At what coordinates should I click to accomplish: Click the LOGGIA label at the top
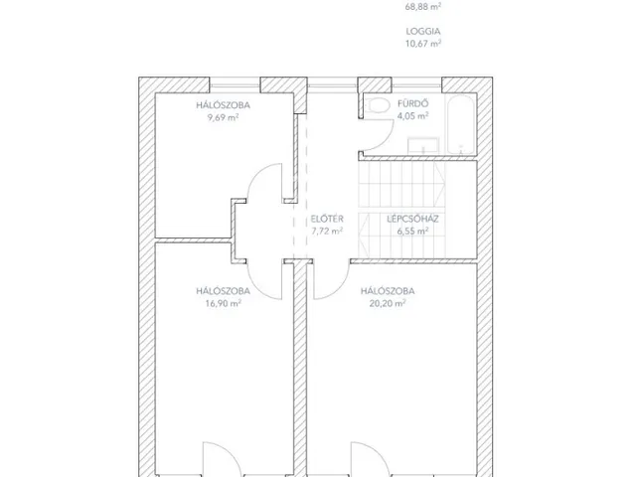click(423, 31)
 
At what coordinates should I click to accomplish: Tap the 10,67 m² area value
click(423, 44)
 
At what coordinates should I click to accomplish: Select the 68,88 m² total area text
click(423, 7)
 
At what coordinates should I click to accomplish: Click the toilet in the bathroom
click(378, 105)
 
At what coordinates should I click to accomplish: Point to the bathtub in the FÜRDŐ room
click(461, 123)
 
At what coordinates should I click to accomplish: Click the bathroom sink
click(423, 145)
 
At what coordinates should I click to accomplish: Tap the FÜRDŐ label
click(413, 103)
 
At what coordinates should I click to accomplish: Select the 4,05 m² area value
click(413, 116)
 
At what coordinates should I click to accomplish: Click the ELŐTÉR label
click(327, 219)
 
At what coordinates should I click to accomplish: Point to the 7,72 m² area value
click(327, 232)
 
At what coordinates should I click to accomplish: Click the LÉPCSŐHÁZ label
click(412, 219)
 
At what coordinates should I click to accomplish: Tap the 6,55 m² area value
click(412, 232)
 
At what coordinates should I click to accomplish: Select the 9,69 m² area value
click(223, 117)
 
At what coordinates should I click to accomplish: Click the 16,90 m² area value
click(223, 303)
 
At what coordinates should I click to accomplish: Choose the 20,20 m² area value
click(388, 303)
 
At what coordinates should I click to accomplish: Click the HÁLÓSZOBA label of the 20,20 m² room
click(388, 291)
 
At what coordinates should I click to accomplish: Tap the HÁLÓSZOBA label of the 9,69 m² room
click(223, 105)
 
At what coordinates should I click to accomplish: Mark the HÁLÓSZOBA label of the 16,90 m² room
click(223, 291)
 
